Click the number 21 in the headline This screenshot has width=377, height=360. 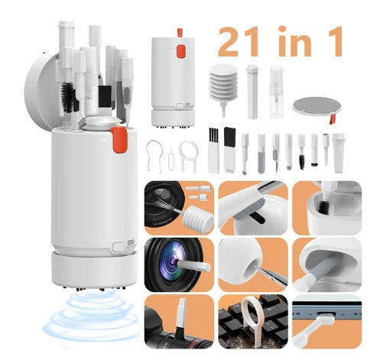[x=239, y=41]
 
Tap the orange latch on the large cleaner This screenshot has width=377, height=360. [x=119, y=140]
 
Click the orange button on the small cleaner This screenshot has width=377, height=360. [x=181, y=50]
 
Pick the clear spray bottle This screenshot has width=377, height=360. [x=276, y=91]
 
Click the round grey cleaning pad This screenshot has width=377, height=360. [x=314, y=106]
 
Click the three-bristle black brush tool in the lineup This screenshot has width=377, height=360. [x=213, y=151]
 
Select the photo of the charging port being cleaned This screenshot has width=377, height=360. [x=327, y=322]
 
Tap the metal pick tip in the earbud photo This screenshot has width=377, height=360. [x=273, y=278]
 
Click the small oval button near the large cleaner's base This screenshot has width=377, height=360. [x=119, y=247]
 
